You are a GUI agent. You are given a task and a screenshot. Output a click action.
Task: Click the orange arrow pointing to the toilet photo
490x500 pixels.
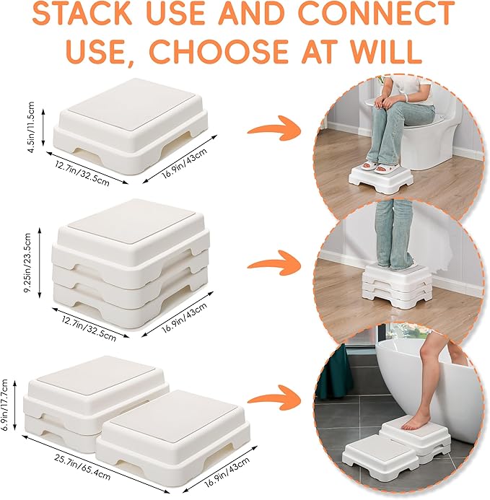(x=274, y=131)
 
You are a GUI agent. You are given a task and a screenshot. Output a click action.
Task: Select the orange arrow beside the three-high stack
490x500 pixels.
(x=275, y=263)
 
